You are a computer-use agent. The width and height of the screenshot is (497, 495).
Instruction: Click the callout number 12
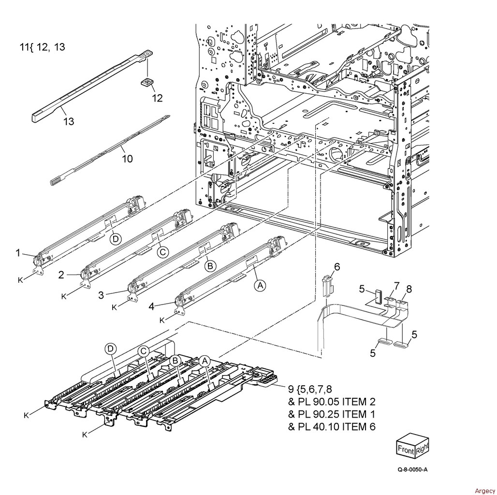pos(157,98)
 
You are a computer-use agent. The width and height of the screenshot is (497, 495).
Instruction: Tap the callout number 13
pos(69,121)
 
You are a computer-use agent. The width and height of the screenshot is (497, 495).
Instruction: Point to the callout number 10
pos(128,159)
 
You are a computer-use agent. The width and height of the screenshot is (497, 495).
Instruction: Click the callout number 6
pos(337,267)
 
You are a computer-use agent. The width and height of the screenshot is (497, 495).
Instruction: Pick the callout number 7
pos(397,287)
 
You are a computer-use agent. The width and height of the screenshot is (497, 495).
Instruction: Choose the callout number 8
pos(409,289)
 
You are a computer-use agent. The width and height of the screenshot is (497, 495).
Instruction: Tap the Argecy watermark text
pos(485,491)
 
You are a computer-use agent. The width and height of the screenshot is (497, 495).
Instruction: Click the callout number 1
pos(18,252)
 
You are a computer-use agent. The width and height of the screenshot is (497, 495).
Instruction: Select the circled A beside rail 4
pos(260,286)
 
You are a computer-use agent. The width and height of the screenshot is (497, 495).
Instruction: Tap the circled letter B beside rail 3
pos(210,266)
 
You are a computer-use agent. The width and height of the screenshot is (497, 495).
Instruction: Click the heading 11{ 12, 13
pos(43,47)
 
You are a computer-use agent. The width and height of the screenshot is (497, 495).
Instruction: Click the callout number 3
pos(101,295)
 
